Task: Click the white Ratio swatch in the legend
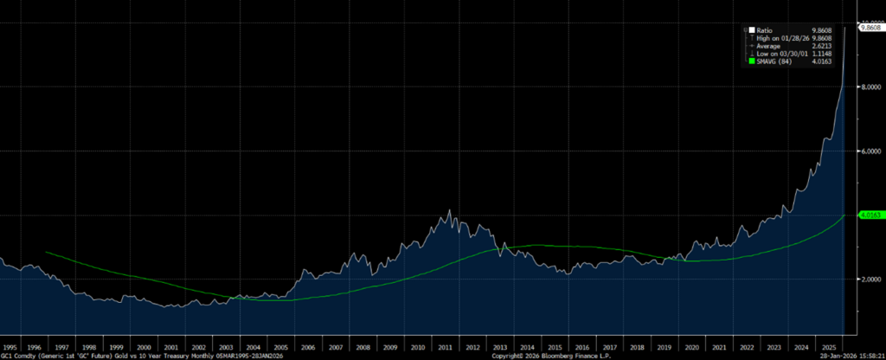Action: coord(749,29)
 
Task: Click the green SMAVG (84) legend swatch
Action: coord(749,61)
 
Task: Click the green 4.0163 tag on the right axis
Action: coord(869,215)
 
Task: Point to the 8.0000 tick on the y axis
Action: coord(869,87)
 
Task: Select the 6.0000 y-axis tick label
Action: coord(869,151)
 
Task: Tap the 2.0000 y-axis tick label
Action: coord(869,280)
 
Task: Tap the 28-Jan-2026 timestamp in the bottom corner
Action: coord(852,355)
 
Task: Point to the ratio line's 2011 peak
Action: coord(448,210)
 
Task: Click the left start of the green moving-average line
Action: coord(46,253)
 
